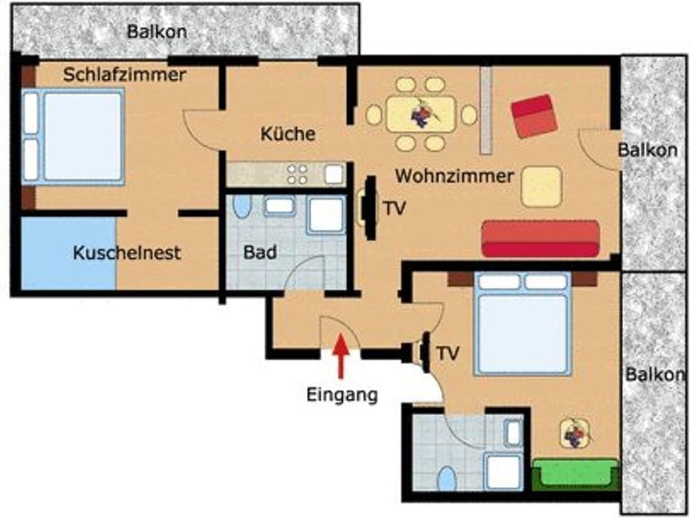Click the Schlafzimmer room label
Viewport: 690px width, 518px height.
(x=125, y=74)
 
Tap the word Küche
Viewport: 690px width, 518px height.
(x=287, y=134)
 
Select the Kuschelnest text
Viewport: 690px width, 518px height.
(x=126, y=253)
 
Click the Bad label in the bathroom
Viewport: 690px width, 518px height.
(x=260, y=253)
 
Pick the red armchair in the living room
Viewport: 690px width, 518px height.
(x=534, y=116)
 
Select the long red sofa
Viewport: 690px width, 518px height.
(x=540, y=239)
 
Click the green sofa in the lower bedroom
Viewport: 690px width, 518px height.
(x=575, y=472)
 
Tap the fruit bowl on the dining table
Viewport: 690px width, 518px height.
(x=420, y=114)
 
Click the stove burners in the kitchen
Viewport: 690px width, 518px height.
(x=298, y=174)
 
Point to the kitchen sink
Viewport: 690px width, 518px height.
(x=333, y=174)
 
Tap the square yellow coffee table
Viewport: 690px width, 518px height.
(x=541, y=187)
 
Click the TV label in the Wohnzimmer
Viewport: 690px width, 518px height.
(x=393, y=209)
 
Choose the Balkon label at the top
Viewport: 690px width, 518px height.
(x=157, y=32)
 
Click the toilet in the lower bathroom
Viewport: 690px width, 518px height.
(x=447, y=478)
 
